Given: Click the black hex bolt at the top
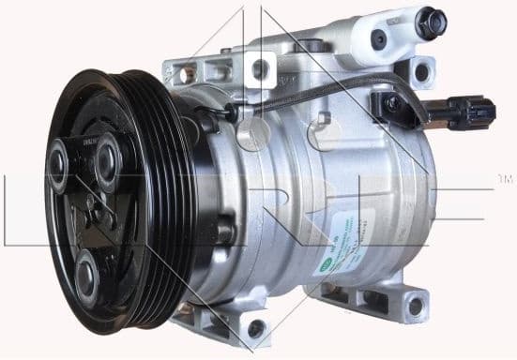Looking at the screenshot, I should tap(430, 23).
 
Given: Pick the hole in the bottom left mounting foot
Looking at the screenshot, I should tap(254, 327).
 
